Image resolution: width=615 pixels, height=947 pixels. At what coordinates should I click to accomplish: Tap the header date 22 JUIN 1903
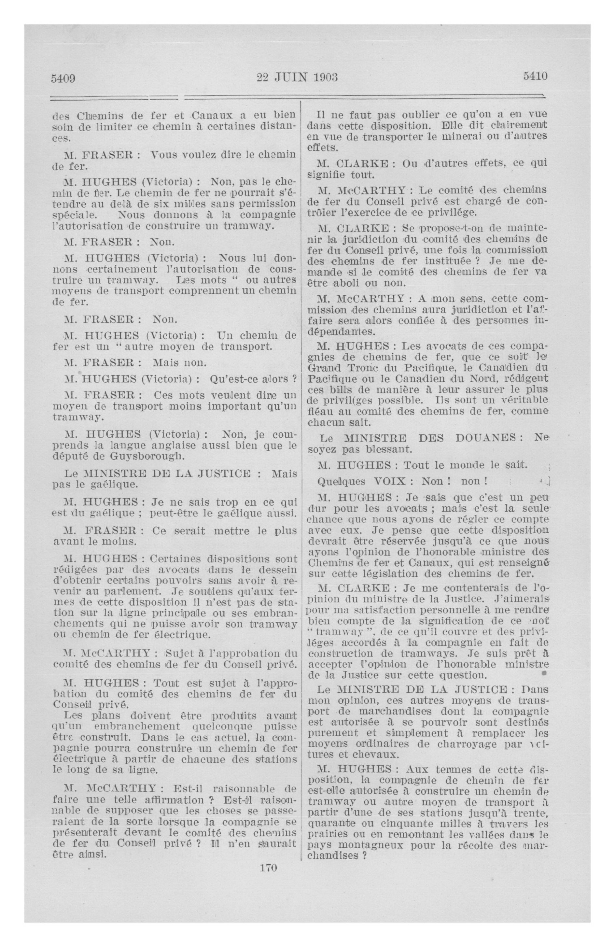tap(297, 77)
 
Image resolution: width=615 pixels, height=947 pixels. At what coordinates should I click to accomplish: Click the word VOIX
tap(389, 481)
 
